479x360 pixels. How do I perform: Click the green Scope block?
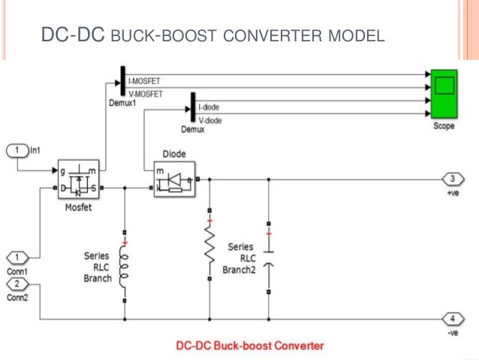click(444, 94)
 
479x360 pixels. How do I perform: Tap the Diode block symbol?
click(173, 180)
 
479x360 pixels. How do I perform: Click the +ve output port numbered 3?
click(453, 178)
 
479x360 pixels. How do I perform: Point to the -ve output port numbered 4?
click(453, 318)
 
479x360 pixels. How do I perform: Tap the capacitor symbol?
click(268, 259)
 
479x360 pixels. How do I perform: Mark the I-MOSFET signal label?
click(144, 80)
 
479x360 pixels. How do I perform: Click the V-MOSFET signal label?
click(145, 92)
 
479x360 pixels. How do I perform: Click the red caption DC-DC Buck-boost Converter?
click(249, 346)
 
